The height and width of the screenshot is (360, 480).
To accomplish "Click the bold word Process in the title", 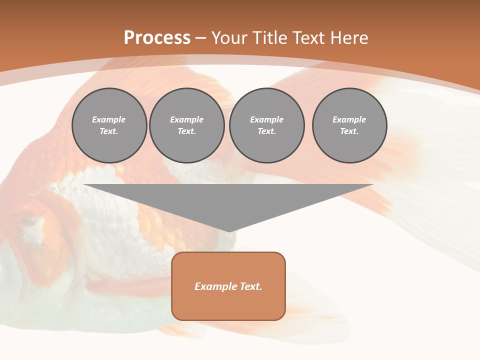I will pyautogui.click(x=157, y=38).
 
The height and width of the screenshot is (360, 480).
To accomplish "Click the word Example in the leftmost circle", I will pyautogui.click(x=108, y=119).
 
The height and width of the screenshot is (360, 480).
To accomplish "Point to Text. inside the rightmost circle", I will pyautogui.click(x=349, y=131).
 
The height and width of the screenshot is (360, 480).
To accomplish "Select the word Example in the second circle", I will pyautogui.click(x=186, y=119).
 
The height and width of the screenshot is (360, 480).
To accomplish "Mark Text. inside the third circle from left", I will pyautogui.click(x=266, y=131).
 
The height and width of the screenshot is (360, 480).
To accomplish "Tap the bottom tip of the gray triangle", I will pyautogui.click(x=229, y=230).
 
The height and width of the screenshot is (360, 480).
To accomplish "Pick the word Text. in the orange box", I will pyautogui.click(x=250, y=286).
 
